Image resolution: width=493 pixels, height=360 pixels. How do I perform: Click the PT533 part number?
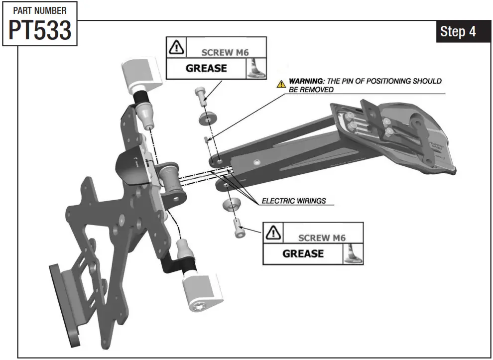coord(40,31)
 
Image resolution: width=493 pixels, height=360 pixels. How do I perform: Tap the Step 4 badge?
coord(457,32)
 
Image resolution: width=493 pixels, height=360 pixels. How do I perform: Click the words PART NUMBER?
coord(40,10)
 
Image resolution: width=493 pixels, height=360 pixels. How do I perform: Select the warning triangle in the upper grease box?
coord(176,48)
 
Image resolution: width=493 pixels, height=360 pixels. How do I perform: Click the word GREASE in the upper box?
coord(206,68)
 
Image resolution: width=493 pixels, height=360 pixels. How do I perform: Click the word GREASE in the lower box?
coord(303,253)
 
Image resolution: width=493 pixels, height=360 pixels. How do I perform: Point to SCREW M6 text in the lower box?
coord(322,238)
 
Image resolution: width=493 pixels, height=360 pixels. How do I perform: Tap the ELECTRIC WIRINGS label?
coord(294,201)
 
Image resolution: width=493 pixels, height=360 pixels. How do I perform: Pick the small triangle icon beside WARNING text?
coord(281,83)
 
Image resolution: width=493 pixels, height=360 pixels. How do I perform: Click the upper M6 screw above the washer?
coord(201,95)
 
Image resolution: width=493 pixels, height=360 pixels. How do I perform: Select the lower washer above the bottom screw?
coord(233,205)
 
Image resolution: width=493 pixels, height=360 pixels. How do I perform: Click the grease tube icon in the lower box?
coord(353,253)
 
